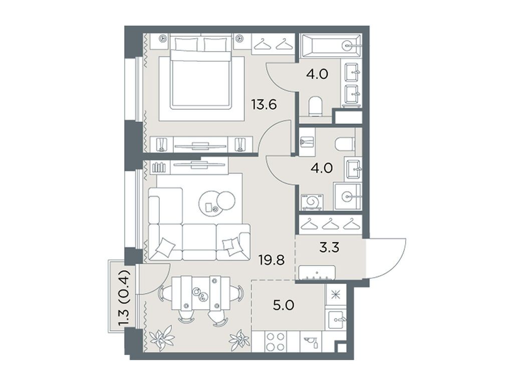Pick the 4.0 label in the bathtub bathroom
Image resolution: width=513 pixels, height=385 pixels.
[317, 74]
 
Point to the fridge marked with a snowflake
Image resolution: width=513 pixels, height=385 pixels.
[333, 294]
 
